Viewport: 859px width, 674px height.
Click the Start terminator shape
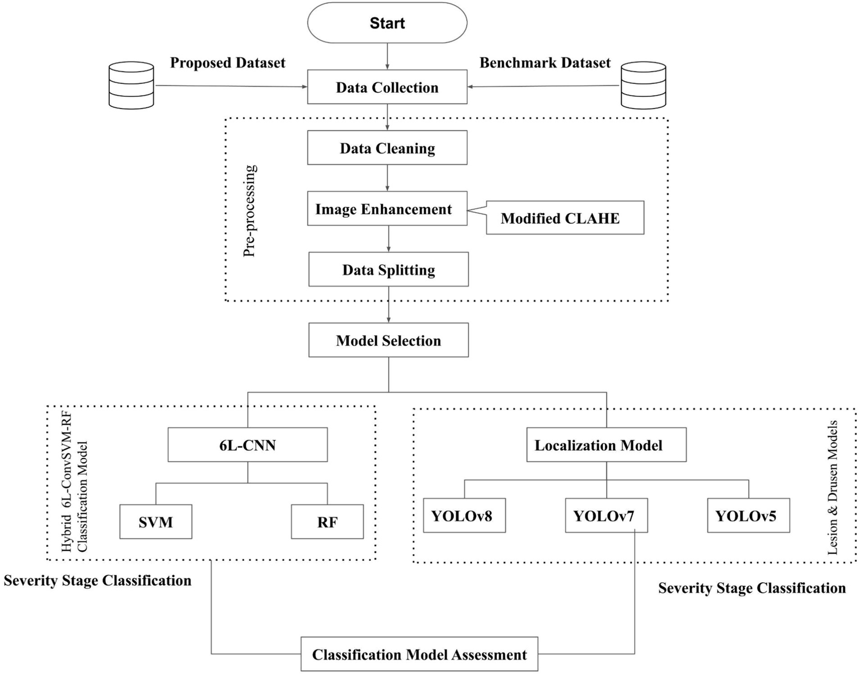(387, 23)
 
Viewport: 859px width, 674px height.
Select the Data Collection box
(387, 87)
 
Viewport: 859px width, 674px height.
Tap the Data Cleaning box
(387, 148)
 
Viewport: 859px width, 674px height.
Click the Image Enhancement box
(387, 209)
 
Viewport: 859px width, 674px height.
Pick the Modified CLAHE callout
(564, 218)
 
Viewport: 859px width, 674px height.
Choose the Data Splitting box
(388, 270)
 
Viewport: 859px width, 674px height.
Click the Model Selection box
(388, 340)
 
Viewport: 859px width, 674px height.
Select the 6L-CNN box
(247, 446)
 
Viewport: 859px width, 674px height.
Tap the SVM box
(156, 522)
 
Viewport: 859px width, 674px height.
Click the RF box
(327, 522)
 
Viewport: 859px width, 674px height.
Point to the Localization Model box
(606, 446)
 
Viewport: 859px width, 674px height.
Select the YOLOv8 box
(464, 516)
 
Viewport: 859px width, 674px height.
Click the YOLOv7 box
(606, 516)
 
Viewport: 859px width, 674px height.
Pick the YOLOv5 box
(748, 516)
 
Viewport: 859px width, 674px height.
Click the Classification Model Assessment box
(419, 654)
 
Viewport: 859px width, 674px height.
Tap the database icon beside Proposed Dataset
(131, 85)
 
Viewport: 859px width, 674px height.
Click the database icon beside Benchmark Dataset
(644, 85)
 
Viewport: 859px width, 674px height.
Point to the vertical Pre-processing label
(250, 210)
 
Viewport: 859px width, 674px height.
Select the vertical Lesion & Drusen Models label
(833, 487)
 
